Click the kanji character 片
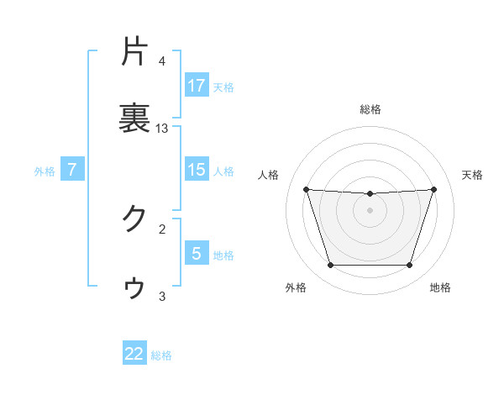click(x=134, y=53)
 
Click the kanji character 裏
click(x=134, y=118)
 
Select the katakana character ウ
click(x=134, y=287)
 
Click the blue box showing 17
click(x=197, y=86)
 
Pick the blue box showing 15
click(x=197, y=170)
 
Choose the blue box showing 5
click(x=197, y=254)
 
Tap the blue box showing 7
click(x=72, y=170)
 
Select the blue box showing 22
click(x=134, y=354)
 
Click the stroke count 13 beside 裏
click(x=162, y=129)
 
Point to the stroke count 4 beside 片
click(x=162, y=61)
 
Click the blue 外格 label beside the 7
click(x=45, y=171)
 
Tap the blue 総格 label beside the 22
click(x=161, y=355)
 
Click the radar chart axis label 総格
click(x=370, y=108)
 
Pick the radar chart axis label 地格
click(x=440, y=287)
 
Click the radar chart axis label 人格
click(x=269, y=175)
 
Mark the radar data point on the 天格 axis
click(x=433, y=190)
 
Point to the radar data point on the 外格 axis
click(x=330, y=266)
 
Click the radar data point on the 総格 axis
click(x=370, y=194)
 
